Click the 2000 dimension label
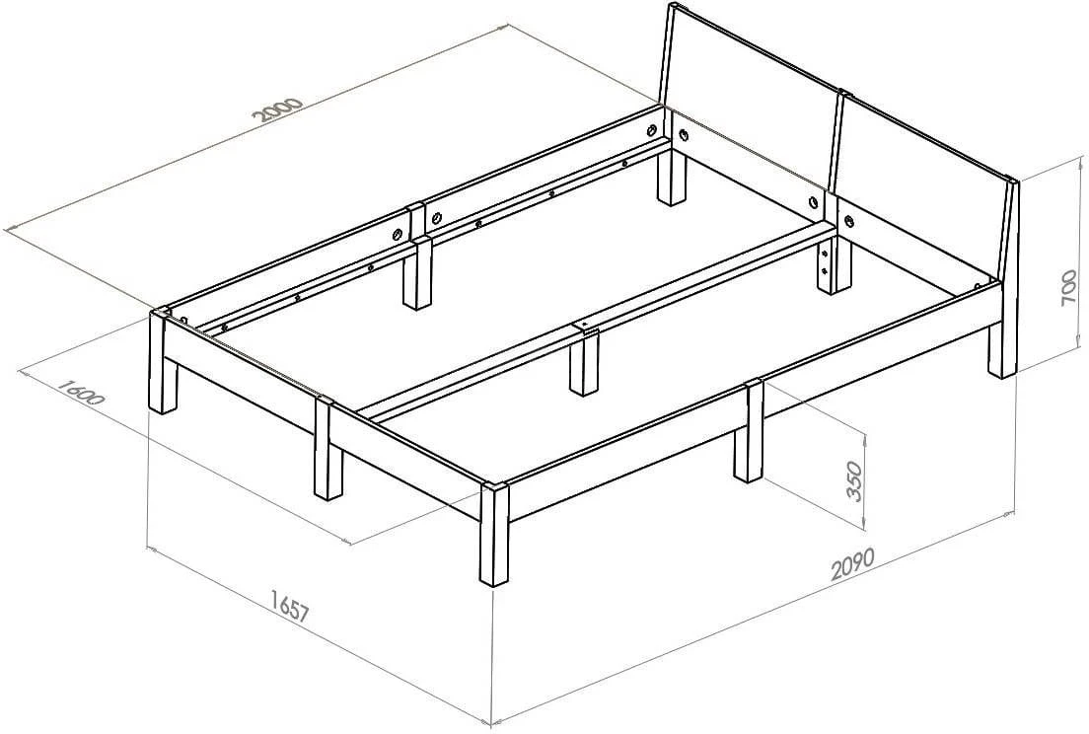coord(279,110)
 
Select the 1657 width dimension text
coord(290,606)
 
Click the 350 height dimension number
coord(853,480)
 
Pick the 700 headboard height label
coord(1069,287)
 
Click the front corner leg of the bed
coord(493,534)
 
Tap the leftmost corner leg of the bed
coord(163,361)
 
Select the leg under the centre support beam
coord(585,360)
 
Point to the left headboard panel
coord(748,95)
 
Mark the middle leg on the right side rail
coord(749,431)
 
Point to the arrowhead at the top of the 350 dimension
coord(865,436)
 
